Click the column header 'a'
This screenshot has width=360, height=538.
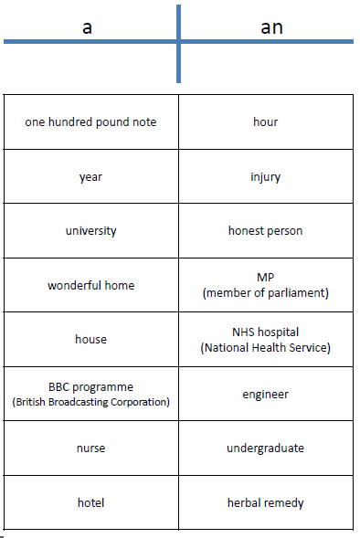pos(87,27)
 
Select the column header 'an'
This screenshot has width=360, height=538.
pos(271,27)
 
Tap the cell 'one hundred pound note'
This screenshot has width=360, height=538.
pos(90,121)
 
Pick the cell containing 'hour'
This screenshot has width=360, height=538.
pos(265,121)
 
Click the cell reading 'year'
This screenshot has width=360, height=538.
pos(90,176)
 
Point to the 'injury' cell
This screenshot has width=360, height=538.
pos(265,176)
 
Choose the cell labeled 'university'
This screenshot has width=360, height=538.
pos(90,231)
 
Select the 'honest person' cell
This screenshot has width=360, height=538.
pos(265,231)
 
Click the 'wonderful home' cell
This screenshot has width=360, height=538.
pos(90,285)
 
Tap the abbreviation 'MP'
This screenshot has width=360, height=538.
pos(265,278)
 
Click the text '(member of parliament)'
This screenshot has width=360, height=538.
pos(265,292)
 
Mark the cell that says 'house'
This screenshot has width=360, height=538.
pos(90,340)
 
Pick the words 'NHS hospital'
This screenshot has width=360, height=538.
pos(265,332)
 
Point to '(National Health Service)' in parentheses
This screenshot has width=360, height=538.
pos(265,347)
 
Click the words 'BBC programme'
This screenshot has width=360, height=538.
pos(90,386)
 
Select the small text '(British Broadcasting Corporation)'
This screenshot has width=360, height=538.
pos(90,401)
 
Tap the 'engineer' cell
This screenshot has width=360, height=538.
pos(265,394)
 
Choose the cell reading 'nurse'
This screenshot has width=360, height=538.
pos(90,448)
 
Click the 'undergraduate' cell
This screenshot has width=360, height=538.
pos(265,448)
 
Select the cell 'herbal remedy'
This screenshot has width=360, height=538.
pos(265,502)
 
